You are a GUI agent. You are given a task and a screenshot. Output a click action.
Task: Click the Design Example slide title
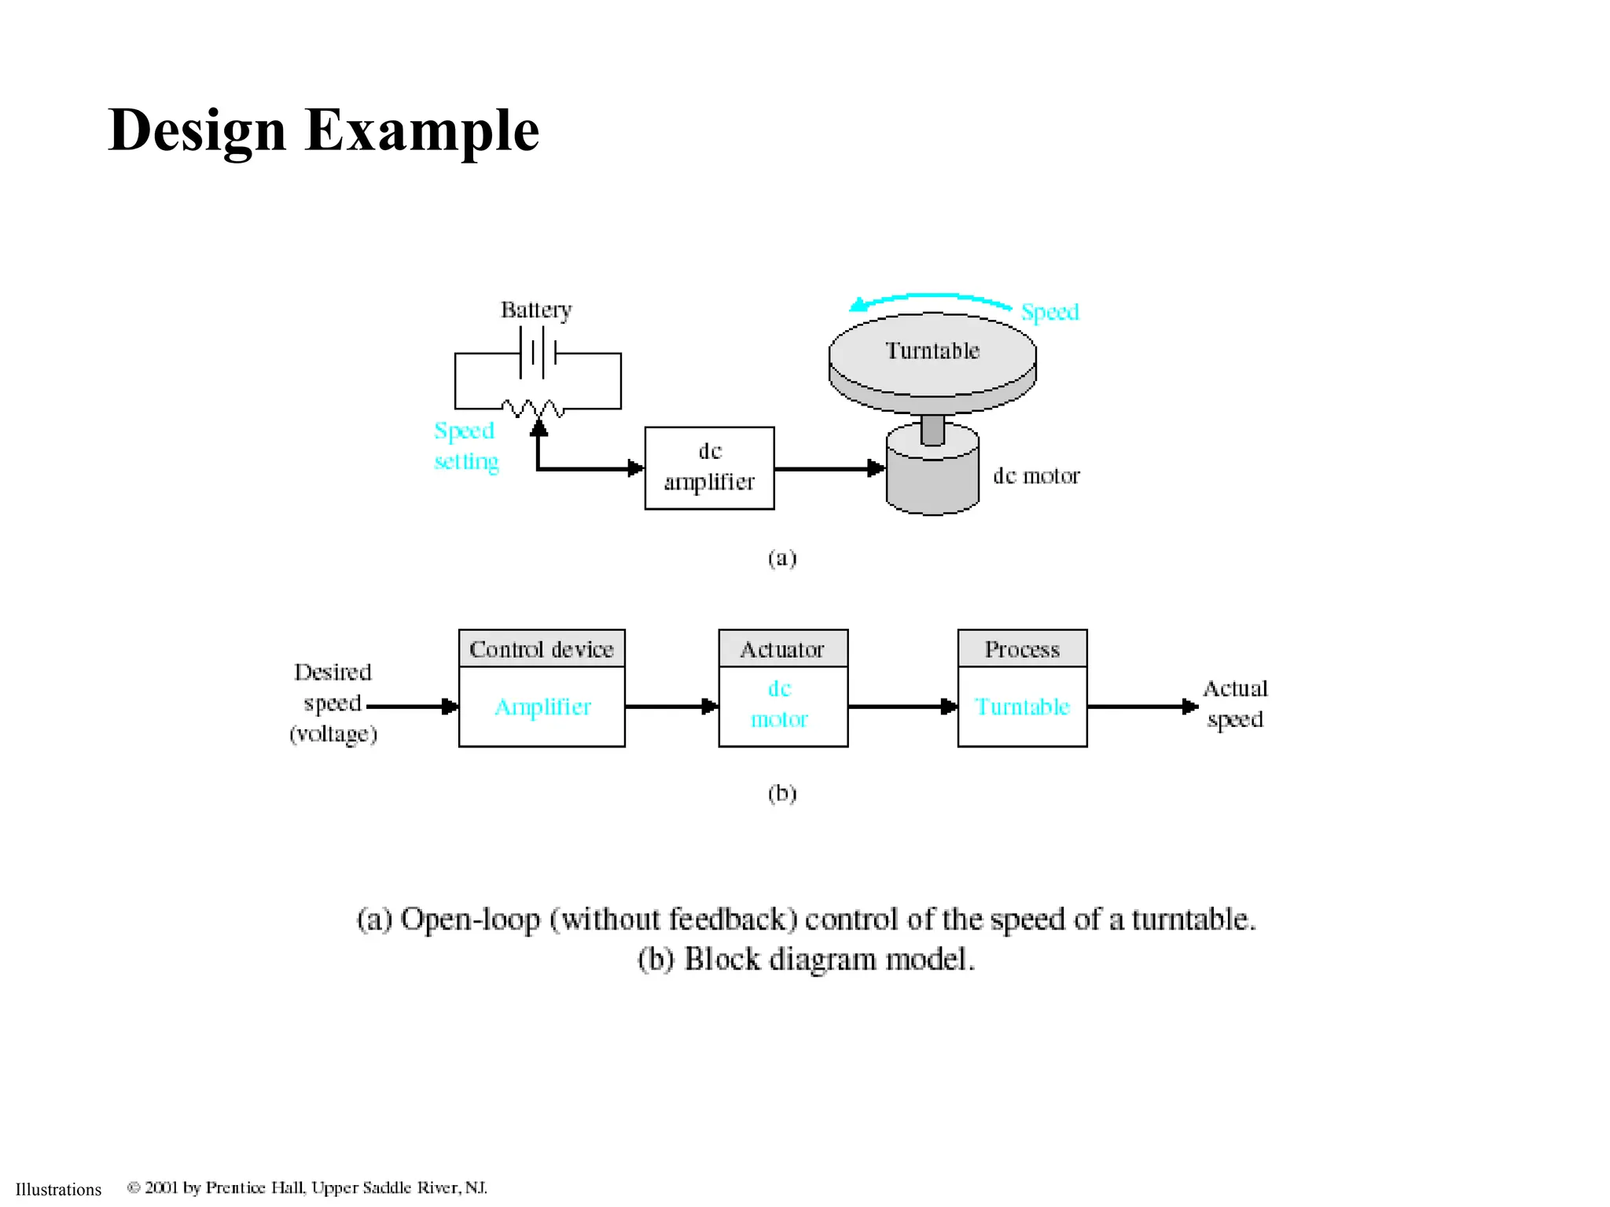(323, 130)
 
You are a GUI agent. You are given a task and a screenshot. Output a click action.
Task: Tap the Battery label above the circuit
(536, 310)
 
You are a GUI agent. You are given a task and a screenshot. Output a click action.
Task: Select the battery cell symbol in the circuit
(539, 353)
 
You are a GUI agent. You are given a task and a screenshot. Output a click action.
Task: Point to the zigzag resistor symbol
(534, 408)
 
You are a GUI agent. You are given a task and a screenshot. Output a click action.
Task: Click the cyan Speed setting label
(466, 446)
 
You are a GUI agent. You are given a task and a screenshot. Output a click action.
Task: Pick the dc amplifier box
(709, 468)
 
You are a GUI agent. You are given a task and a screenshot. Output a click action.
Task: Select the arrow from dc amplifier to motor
(829, 468)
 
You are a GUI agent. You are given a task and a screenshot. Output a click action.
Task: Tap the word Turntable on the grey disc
(932, 350)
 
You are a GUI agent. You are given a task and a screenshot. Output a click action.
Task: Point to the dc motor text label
(1036, 476)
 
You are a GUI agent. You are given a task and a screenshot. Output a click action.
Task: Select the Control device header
(542, 649)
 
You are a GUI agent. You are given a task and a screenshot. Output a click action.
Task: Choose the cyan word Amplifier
(542, 707)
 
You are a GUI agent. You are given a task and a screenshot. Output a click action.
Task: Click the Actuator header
(783, 649)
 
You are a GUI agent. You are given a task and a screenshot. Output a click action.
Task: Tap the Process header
(1022, 649)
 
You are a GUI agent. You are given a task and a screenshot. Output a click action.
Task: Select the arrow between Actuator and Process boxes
(902, 706)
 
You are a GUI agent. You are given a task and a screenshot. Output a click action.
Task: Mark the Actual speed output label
(1235, 704)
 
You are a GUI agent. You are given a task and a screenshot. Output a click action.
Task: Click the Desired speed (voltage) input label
(333, 703)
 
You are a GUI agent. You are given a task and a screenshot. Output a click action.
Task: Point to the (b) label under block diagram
(782, 793)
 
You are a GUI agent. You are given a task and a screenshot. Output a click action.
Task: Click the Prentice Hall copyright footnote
(307, 1187)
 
